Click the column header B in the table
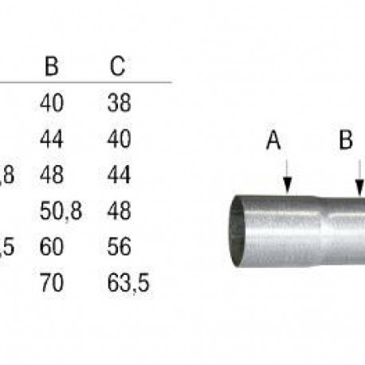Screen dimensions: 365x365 coord(52,66)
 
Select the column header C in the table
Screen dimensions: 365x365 coord(116,66)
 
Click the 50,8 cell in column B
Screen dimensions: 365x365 coord(61,211)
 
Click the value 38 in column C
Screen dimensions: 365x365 coord(117,103)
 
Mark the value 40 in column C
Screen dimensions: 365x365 coord(117,139)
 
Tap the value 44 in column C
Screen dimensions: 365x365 coord(117,175)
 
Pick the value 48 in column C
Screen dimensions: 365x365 coord(117,211)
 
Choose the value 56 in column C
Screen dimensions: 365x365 coord(117,247)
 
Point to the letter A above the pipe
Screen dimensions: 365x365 coord(273,142)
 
